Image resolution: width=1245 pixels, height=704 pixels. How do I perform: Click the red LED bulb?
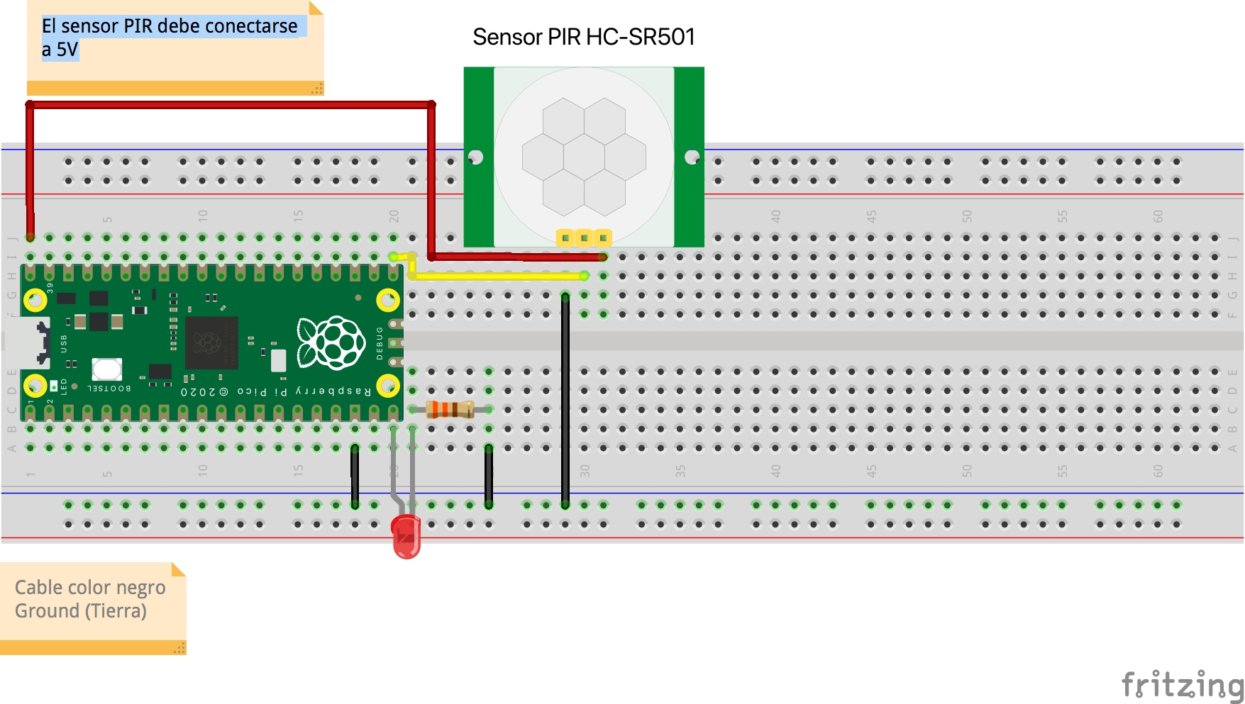(x=406, y=536)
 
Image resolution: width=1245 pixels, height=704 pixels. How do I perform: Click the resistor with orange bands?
(x=450, y=409)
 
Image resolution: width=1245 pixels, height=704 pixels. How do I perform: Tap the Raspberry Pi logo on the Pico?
(x=331, y=343)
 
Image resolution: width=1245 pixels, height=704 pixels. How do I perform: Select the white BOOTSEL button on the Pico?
(x=107, y=369)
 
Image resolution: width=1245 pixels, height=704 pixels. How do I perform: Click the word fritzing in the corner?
(x=1182, y=685)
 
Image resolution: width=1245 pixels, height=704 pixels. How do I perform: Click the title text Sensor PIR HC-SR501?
(x=583, y=37)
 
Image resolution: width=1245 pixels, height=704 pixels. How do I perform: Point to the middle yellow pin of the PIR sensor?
(x=584, y=238)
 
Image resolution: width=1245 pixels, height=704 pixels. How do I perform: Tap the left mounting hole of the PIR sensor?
(x=476, y=157)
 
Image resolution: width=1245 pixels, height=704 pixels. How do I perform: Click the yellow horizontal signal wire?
(x=497, y=276)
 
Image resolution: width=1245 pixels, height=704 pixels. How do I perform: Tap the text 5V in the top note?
(x=67, y=50)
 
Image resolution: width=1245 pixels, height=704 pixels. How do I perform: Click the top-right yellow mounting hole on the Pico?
(x=387, y=301)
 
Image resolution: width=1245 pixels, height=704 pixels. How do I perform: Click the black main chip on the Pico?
(x=211, y=343)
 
